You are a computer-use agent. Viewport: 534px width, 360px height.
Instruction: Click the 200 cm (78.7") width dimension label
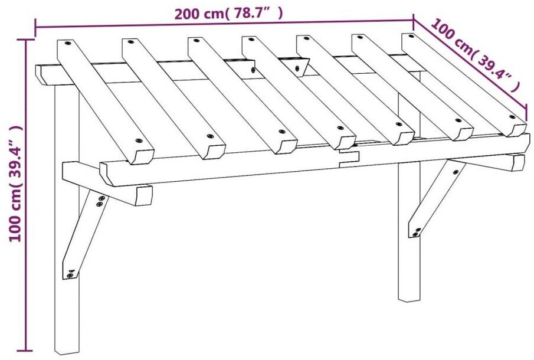(x=228, y=14)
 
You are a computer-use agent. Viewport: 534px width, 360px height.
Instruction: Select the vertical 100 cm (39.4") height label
(x=15, y=183)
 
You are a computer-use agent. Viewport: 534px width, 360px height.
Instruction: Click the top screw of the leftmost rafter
(x=67, y=43)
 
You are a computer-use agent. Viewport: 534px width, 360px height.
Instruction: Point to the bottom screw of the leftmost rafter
(x=138, y=140)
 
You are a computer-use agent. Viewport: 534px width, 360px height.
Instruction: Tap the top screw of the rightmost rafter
(x=411, y=36)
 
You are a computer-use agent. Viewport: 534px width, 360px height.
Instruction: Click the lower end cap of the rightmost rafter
(x=518, y=130)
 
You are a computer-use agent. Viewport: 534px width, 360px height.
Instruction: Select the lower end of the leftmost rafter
(x=143, y=156)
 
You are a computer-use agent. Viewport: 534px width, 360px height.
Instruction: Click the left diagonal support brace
(x=85, y=235)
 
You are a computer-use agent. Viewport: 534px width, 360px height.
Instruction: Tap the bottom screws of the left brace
(x=70, y=273)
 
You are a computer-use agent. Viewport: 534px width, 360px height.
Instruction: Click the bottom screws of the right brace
(x=416, y=233)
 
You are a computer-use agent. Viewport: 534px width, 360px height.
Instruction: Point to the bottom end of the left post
(x=67, y=352)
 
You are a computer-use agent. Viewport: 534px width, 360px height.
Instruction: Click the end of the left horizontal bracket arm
(x=143, y=195)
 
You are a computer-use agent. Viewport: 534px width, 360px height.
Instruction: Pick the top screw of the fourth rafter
(x=251, y=40)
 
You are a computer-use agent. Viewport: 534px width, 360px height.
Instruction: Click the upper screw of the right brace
(x=456, y=172)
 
